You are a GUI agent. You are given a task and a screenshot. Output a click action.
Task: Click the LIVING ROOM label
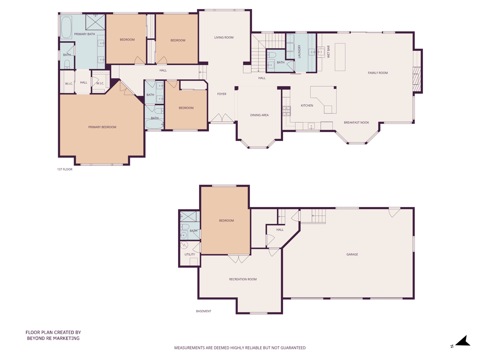(x=224, y=37)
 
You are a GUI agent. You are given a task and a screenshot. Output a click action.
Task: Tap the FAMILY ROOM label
(x=378, y=73)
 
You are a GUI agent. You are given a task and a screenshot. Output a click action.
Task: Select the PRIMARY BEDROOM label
(x=102, y=127)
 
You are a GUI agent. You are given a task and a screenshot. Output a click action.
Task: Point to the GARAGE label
(x=352, y=254)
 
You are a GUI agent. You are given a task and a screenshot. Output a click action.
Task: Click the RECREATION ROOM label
(x=243, y=279)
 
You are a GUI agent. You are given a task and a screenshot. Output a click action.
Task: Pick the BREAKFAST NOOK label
(x=356, y=122)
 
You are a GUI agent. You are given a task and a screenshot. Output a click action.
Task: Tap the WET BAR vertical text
(x=328, y=52)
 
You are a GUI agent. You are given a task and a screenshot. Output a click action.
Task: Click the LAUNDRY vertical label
(x=299, y=52)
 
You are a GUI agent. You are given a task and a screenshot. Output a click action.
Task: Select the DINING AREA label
(x=259, y=115)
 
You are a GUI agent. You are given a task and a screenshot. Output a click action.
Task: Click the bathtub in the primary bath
(x=66, y=27)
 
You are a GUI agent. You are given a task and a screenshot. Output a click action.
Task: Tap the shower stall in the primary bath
(x=95, y=22)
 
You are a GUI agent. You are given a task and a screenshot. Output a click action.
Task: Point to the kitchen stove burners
(x=286, y=111)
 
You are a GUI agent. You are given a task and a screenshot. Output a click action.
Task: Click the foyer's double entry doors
(x=222, y=118)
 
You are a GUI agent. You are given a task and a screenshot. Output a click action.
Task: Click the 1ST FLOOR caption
(x=65, y=169)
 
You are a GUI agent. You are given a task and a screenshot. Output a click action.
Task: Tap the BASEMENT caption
(x=204, y=311)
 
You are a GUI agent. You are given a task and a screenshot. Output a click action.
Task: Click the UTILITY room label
(x=190, y=254)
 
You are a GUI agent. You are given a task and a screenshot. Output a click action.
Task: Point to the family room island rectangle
(x=340, y=57)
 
